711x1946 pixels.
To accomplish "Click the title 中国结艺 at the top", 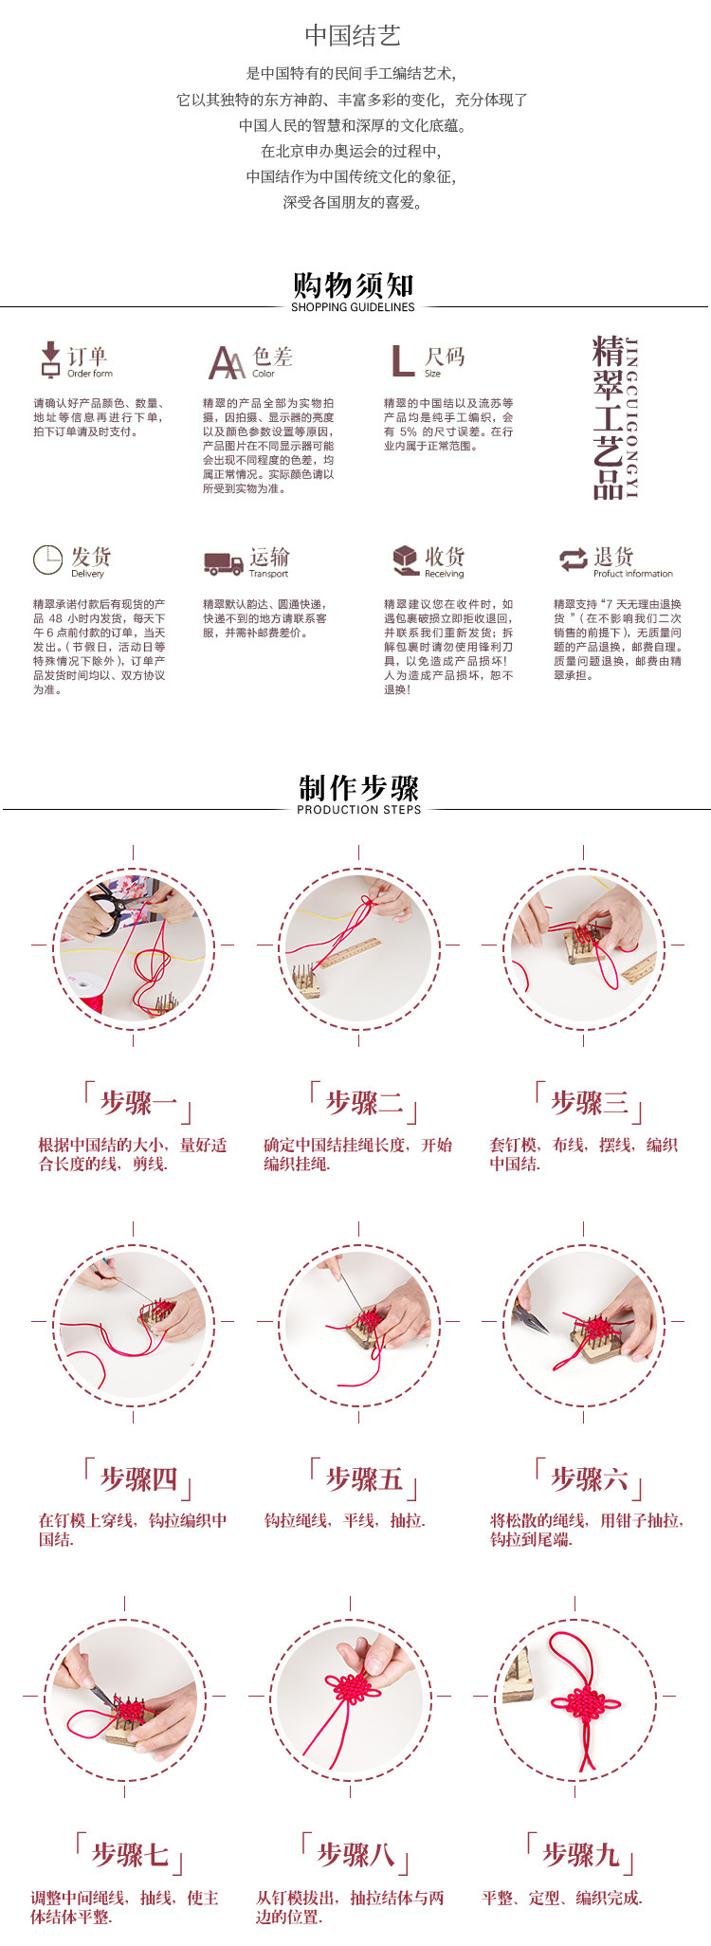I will click(x=353, y=36).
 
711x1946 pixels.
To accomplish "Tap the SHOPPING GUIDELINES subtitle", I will click(x=353, y=307).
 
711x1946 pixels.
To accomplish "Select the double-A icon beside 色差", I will click(x=227, y=362).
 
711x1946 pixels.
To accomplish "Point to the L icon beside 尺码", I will click(x=402, y=360).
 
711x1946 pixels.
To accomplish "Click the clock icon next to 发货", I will click(x=47, y=560).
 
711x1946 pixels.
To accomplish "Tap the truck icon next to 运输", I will click(x=223, y=563).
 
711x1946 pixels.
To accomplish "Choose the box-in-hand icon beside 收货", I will click(x=406, y=560).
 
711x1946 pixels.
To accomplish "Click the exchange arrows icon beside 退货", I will click(x=573, y=560).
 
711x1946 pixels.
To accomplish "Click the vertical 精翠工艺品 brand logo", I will click(x=614, y=417).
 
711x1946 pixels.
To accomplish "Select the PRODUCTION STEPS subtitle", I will click(x=358, y=810).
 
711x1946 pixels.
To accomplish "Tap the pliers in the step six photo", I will click(x=532, y=1319).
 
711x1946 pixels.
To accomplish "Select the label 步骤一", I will click(x=138, y=1103).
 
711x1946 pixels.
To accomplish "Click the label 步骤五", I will click(x=364, y=1478).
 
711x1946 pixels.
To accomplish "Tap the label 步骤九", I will click(x=580, y=1854).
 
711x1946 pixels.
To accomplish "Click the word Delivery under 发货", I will click(x=87, y=574).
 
